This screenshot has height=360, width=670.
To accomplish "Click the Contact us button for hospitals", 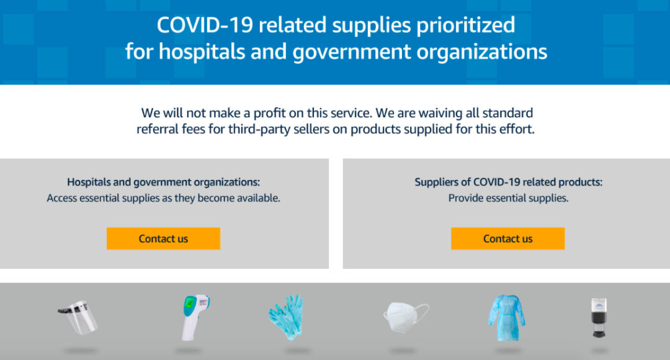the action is point(163,238).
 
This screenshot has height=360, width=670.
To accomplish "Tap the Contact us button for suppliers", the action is point(507,238).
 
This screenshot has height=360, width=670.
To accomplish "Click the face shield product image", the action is point(78,317).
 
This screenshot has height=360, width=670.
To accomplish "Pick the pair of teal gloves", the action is point(287,317).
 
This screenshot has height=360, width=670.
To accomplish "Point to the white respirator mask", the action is point(405,317).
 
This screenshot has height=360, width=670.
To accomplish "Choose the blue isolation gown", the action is point(507,318).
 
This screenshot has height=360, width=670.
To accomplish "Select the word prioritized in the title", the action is point(466,25).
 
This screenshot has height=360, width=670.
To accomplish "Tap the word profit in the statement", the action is point(270,113).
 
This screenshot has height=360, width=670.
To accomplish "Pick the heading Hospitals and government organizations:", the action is point(163,182).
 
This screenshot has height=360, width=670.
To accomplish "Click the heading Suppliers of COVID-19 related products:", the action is point(509,182).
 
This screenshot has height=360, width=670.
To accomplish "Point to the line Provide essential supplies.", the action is point(509,198).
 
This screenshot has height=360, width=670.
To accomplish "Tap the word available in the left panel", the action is point(259,198).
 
